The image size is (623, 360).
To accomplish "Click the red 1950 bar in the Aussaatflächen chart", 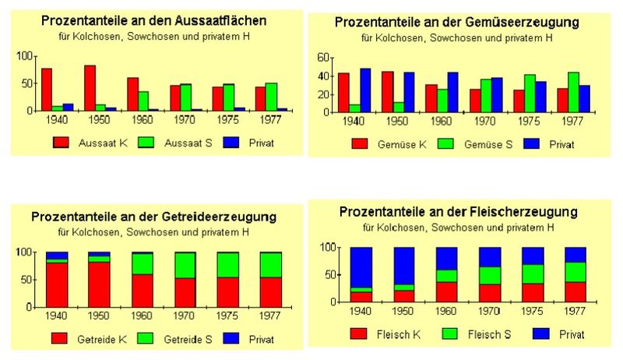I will point(90,87).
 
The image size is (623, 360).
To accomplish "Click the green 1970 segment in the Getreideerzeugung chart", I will point(185,265).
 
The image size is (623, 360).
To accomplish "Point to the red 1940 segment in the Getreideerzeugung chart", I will point(57,284).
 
